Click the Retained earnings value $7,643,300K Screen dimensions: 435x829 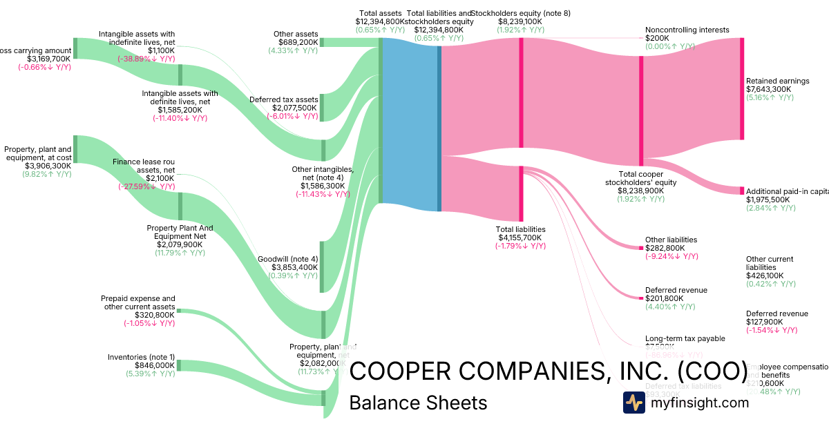pyautogui.click(x=770, y=89)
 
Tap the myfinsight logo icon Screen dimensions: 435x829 pyautogui.click(x=634, y=403)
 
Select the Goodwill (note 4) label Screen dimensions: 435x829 pyautogui.click(x=287, y=259)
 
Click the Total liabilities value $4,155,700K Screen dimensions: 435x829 pyautogui.click(x=520, y=238)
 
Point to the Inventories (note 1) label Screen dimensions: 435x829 pyautogui.click(x=141, y=357)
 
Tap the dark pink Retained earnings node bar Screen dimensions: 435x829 pyautogui.click(x=742, y=88)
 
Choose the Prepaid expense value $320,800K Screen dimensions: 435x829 pyautogui.click(x=150, y=315)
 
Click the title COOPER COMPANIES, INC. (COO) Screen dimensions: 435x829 pyautogui.click(x=548, y=371)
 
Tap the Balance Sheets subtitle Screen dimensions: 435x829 pyautogui.click(x=418, y=403)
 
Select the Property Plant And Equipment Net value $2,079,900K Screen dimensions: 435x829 pyautogui.click(x=180, y=244)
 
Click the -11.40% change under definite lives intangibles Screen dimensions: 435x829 pyautogui.click(x=180, y=118)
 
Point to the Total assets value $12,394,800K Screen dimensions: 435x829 pyautogui.click(x=381, y=21)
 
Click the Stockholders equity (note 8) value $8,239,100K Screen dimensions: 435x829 pyautogui.click(x=520, y=21)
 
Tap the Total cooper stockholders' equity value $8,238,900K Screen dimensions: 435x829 pyautogui.click(x=640, y=191)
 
